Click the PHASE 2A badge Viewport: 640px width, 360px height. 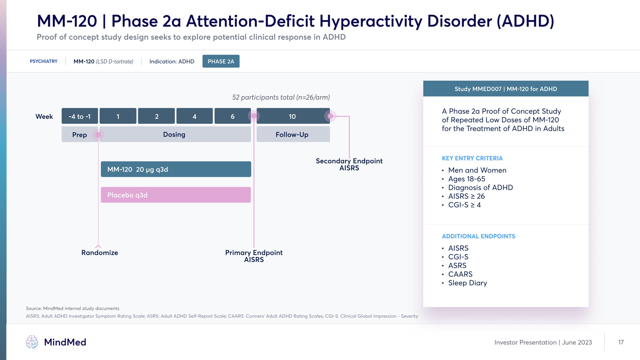coord(221,61)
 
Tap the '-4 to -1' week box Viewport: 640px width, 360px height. coord(80,116)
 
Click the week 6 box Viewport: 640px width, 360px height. coord(233,116)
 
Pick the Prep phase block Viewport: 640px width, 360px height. coord(80,134)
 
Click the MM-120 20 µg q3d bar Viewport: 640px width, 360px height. coord(176,169)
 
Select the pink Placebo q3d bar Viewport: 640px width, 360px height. coord(176,195)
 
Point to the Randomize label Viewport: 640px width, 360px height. coord(100,253)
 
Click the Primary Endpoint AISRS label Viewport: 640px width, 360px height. coord(254,256)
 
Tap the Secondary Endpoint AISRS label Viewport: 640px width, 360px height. coord(349,164)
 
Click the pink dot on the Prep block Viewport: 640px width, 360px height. coord(98,135)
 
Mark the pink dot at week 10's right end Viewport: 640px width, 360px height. coord(330,116)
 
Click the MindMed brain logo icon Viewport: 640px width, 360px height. coord(32,342)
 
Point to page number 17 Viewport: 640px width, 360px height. coord(621,342)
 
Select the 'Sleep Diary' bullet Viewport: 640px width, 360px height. coord(467,283)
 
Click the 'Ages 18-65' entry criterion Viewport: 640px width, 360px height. coord(467,179)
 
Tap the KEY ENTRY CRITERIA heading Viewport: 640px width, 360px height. coord(472,158)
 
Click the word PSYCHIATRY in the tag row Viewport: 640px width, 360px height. coord(44,61)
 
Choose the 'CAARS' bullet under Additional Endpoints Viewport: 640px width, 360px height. coord(460,274)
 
